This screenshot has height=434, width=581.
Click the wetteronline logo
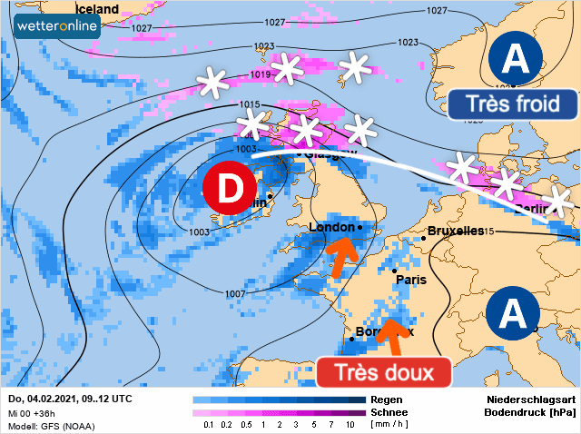pyautogui.click(x=57, y=27)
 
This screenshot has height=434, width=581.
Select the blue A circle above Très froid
pyautogui.click(x=515, y=60)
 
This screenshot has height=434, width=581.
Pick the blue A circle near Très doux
pyautogui.click(x=514, y=315)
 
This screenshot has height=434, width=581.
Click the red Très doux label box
pyautogui.click(x=385, y=372)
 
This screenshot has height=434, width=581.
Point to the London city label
pyautogui.click(x=332, y=227)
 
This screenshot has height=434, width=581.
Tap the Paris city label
pyautogui.click(x=411, y=280)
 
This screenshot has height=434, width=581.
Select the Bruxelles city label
pyautogui.click(x=456, y=231)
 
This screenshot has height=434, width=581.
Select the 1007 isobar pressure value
pyautogui.click(x=234, y=293)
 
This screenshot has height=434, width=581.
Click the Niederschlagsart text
pyautogui.click(x=530, y=399)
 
